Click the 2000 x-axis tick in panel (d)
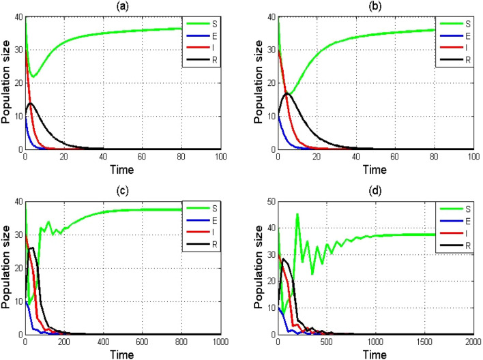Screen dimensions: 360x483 coord(470,342)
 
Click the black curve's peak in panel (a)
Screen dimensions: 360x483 coord(30,103)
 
